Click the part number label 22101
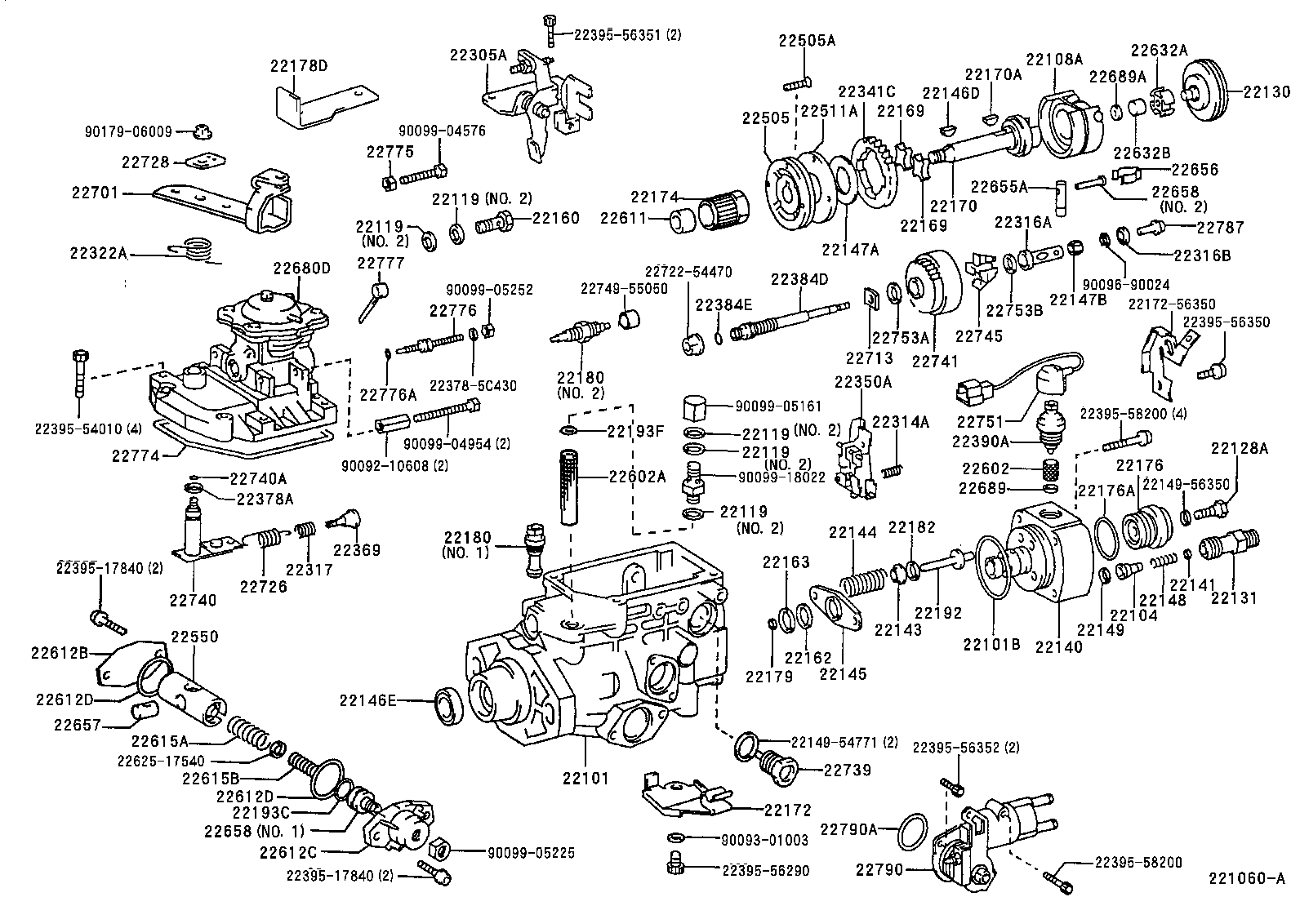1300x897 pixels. [x=585, y=778]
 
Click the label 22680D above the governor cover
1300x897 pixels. [x=301, y=268]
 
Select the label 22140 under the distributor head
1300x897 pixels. [x=1059, y=646]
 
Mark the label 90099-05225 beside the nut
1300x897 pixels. [x=531, y=853]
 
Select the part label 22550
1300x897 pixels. [x=194, y=636]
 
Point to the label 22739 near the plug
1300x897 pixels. [x=847, y=770]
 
